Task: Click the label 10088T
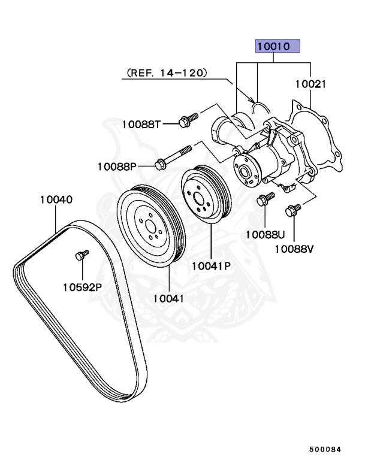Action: [141, 124]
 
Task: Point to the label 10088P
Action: [117, 166]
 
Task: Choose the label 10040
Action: [56, 199]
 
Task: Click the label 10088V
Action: [294, 247]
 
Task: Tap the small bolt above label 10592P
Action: [82, 256]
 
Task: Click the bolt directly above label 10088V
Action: [294, 210]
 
